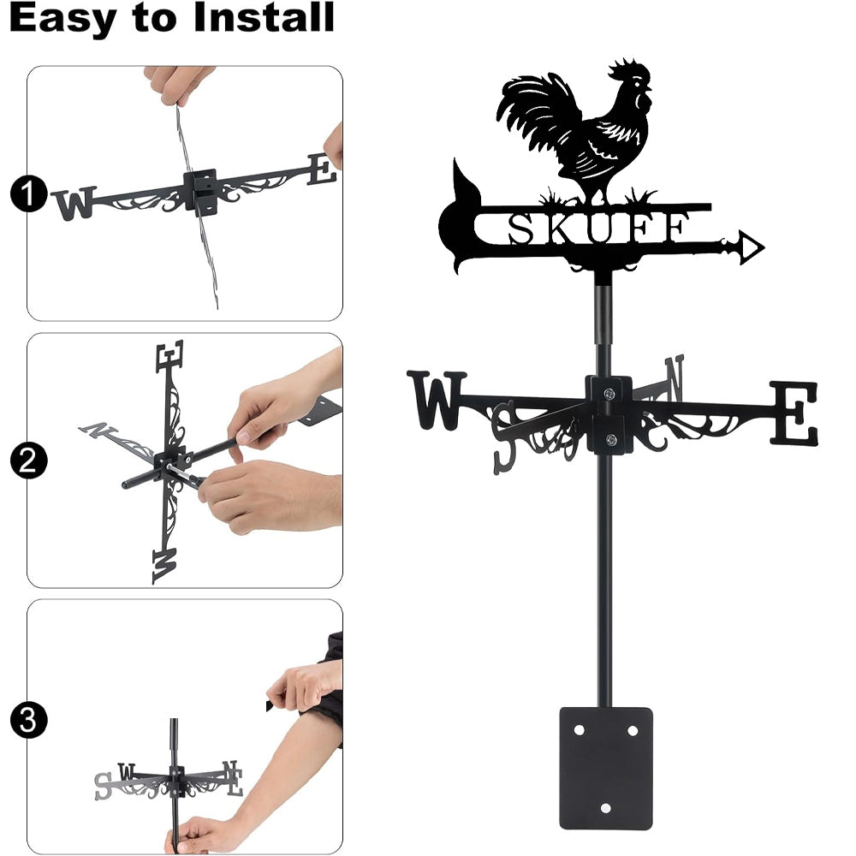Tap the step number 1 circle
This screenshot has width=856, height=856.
[28, 193]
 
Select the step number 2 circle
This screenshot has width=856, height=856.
[28, 461]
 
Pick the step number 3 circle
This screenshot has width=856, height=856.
[28, 720]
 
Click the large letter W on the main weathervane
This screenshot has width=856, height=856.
[437, 400]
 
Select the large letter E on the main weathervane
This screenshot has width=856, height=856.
[794, 413]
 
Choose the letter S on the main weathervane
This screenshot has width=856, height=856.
[504, 437]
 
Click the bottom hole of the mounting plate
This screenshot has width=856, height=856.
[605, 808]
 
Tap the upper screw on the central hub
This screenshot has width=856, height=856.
[609, 393]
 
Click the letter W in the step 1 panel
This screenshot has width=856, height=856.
[74, 203]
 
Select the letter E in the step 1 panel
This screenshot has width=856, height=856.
[321, 169]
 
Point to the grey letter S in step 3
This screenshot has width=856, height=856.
[104, 786]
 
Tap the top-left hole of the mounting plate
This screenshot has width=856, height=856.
[579, 730]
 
